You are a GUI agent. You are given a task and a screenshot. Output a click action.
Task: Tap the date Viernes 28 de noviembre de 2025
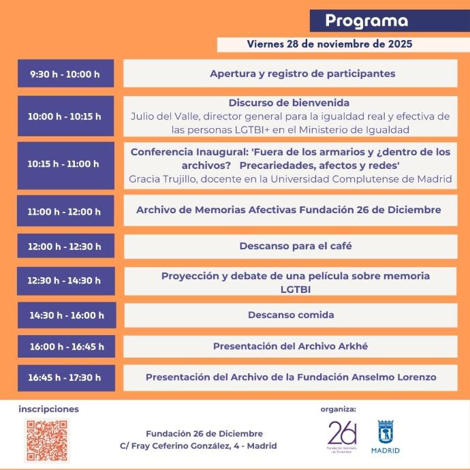330,44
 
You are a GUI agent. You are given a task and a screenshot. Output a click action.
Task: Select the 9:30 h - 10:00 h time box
65,74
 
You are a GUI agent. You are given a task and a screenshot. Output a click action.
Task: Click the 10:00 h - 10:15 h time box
65,116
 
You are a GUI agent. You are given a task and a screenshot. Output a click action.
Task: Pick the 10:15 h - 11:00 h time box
65,164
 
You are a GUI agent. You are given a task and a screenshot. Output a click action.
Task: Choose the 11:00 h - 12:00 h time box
65,212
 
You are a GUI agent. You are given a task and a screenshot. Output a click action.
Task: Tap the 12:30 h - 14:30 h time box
65,281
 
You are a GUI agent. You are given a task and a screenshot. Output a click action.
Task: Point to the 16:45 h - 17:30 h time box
65,377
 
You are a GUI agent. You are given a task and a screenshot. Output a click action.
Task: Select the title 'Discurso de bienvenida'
289,103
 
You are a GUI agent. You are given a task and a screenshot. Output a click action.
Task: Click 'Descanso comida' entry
291,315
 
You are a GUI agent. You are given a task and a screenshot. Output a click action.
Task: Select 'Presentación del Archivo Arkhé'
290,346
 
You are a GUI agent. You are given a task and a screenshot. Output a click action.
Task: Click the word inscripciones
49,409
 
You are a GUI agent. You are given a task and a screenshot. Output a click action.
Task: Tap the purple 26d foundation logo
342,437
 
